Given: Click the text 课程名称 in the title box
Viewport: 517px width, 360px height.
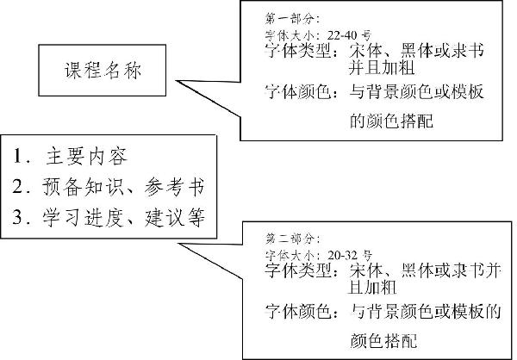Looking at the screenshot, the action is point(103,71).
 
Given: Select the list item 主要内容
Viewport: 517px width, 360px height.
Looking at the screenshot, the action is point(86,156).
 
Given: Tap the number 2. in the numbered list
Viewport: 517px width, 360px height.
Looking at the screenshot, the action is point(21,186).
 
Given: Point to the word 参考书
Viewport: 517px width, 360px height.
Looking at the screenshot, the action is point(174,187).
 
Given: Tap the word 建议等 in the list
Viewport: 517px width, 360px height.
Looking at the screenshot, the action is point(174,217).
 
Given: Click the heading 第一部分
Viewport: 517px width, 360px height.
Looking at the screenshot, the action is point(290,18).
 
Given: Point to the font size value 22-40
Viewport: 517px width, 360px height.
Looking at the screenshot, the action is point(344,34).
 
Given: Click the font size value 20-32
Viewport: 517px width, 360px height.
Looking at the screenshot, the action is point(344,255).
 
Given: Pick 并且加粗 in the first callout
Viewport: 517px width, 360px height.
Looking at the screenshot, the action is point(382,67).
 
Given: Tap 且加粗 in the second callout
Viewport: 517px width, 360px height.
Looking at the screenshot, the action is point(372,287).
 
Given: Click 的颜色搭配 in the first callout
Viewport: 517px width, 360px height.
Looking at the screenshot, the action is point(391,121).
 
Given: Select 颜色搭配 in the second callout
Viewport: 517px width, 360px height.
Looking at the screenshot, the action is point(383,340).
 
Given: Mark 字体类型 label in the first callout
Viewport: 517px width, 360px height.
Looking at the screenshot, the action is point(298,51).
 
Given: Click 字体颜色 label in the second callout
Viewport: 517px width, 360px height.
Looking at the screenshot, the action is point(298,311).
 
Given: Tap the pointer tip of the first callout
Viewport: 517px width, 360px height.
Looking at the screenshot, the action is point(176,80).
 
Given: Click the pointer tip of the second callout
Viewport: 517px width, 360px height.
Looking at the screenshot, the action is point(178,244).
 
